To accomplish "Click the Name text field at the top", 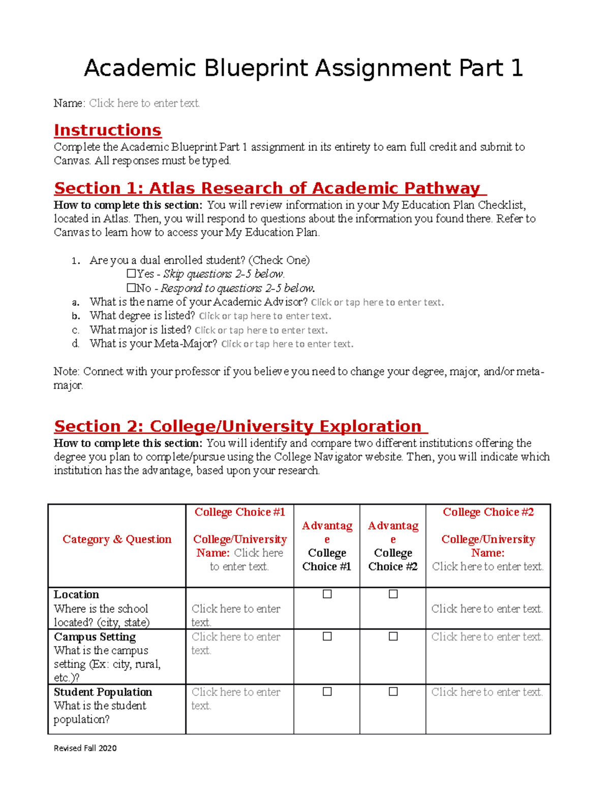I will coord(144,103).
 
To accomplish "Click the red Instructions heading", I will coord(107,130).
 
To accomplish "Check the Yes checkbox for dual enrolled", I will coord(131,274).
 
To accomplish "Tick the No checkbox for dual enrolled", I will coord(131,288).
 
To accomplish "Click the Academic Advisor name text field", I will coord(377,302).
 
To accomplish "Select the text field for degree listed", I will coord(265,316).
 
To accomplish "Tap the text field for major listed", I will coord(261,330).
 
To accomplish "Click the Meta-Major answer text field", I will coord(287,344).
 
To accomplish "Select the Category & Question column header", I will coord(117,539).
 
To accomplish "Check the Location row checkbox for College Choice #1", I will coord(327,594).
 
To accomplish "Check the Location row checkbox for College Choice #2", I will coord(393,594).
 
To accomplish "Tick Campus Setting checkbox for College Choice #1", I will coord(327,636).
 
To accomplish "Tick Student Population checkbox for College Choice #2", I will coord(393,691).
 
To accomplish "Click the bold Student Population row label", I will coord(103,692).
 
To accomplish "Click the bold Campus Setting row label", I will coord(95,637).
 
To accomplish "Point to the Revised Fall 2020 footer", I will coord(85,748).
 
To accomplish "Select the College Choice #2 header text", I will coord(488,512).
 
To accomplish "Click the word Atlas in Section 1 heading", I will coord(172,188).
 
